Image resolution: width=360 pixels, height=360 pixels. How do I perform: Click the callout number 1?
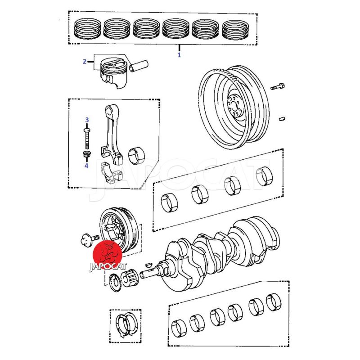tap(179, 55)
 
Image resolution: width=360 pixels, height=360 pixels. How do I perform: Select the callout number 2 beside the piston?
tap(84, 62)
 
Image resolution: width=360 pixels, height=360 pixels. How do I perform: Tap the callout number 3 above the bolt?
tap(87, 120)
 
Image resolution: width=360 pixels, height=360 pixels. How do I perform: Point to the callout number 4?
tap(86, 165)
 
